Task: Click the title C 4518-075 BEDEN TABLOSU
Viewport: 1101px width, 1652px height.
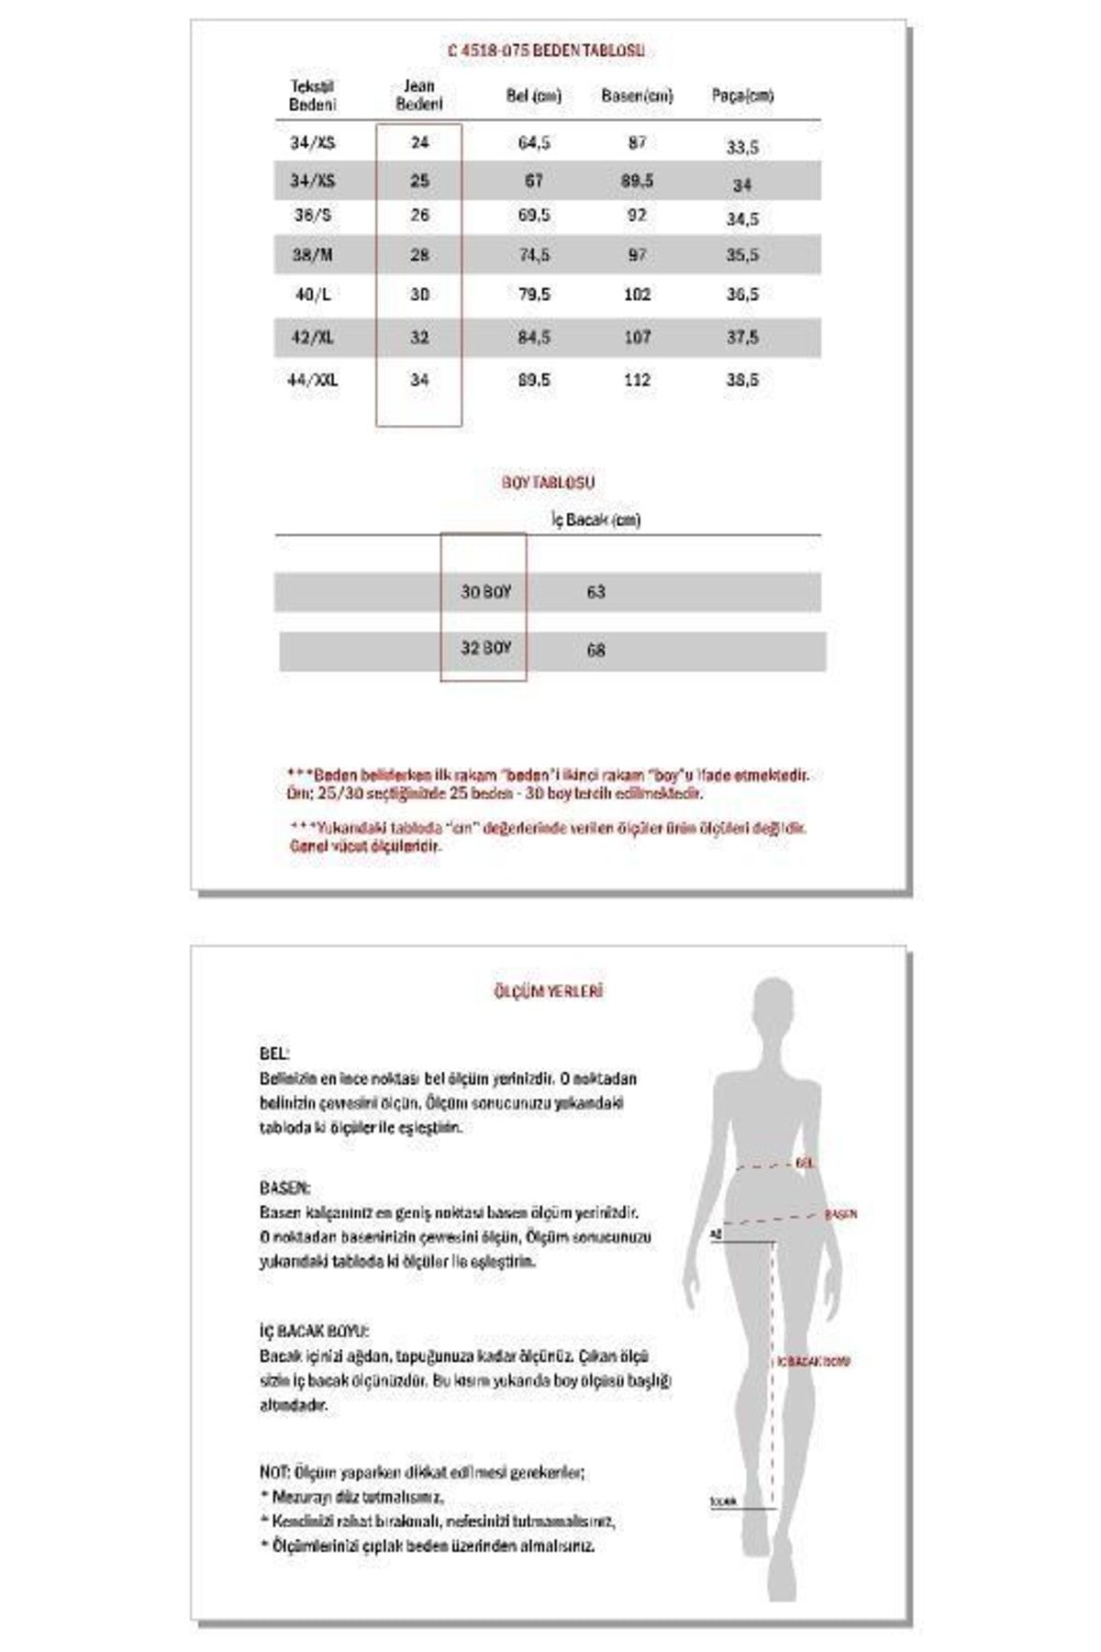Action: click(x=545, y=50)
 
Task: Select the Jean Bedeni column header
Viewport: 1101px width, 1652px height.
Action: click(x=418, y=95)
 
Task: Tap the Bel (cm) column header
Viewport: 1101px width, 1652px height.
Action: click(x=533, y=95)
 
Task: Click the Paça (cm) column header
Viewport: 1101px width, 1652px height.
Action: click(x=742, y=95)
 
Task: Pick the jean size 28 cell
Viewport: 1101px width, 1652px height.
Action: click(x=419, y=255)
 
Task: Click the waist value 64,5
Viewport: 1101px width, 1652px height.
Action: click(x=534, y=143)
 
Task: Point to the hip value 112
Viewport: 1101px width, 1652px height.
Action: click(x=637, y=380)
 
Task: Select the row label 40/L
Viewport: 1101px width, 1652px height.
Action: click(x=312, y=295)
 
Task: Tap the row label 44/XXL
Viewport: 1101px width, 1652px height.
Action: click(x=312, y=380)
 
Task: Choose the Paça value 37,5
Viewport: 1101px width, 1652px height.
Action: click(x=742, y=338)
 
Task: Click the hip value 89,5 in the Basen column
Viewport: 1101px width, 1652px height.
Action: click(x=637, y=181)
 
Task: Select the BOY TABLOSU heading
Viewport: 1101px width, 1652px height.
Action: click(x=548, y=482)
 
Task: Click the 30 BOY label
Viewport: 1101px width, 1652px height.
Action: click(x=485, y=592)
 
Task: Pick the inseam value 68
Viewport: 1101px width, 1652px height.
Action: click(x=595, y=650)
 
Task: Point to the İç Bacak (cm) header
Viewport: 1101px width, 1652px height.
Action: click(x=595, y=520)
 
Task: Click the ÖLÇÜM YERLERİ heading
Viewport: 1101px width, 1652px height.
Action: click(x=548, y=991)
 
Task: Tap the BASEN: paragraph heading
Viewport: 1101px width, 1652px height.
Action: click(x=284, y=1188)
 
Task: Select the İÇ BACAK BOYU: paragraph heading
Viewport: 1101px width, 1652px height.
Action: click(x=314, y=1331)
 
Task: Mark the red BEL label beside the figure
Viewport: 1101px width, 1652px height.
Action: click(x=806, y=1163)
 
